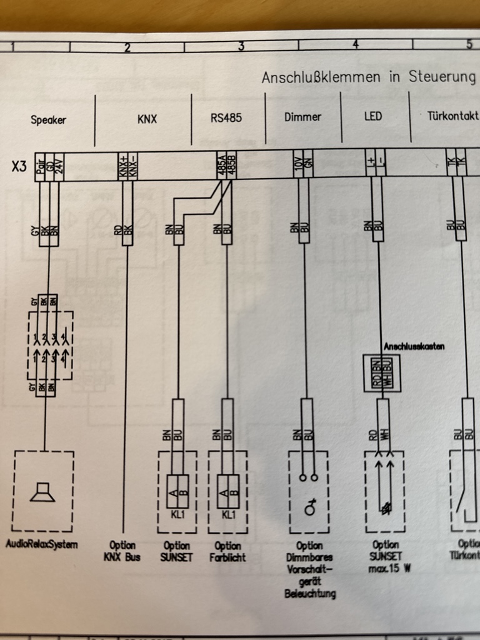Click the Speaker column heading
48,119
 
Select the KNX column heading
147,119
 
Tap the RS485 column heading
226,117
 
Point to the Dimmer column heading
302,117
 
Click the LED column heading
373,116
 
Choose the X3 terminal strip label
19,167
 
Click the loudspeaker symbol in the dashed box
43,492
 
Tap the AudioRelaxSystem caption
42,544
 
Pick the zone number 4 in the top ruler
356,44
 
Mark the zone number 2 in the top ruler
127,47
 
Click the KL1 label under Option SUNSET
176,515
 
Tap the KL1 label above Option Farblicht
228,515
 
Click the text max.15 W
386,568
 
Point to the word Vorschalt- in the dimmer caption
309,569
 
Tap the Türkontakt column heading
454,116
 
